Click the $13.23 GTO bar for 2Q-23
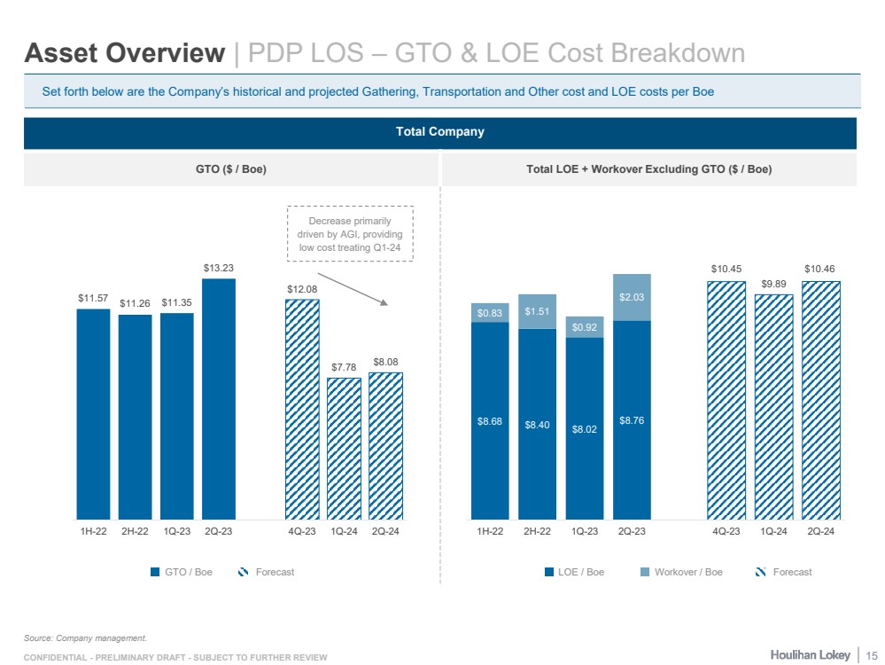pos(219,399)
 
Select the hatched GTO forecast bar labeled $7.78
pos(344,448)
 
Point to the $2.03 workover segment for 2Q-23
pos(632,297)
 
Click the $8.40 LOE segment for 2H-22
pos(537,424)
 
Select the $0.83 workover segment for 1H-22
pos(489,312)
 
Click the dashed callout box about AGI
pos(350,233)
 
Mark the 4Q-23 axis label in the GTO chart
pos(302,531)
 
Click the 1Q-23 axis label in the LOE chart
pos(585,531)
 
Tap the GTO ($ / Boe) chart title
pos(230,169)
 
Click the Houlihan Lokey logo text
pos(811,654)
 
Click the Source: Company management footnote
pos(84,637)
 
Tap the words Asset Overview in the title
pos(125,53)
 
